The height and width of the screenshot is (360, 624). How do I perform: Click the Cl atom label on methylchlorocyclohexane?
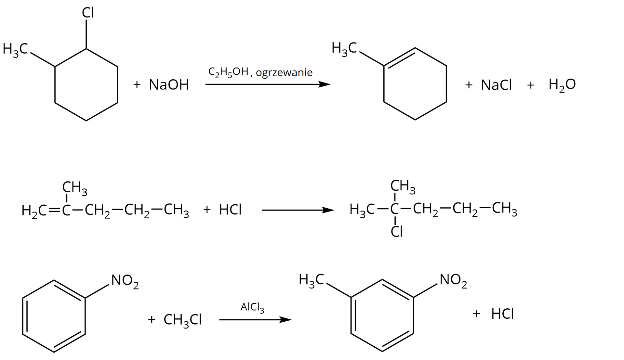coord(88,13)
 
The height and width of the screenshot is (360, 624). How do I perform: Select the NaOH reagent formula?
coord(169,85)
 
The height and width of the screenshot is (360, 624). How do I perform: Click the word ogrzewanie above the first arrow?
coord(284,72)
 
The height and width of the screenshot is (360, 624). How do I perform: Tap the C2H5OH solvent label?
coord(228,72)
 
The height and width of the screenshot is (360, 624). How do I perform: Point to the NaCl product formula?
coord(496,85)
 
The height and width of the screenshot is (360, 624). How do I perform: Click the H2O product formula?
coord(562,85)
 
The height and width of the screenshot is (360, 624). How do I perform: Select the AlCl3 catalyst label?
coord(252,307)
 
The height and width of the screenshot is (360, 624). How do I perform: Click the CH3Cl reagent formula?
coord(182,320)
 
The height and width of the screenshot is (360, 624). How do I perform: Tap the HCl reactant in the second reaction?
coord(230,210)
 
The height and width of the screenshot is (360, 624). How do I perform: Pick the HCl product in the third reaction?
coord(502,314)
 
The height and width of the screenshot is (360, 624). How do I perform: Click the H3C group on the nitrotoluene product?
coord(311,280)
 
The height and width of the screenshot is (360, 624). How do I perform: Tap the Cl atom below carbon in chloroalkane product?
coord(397,232)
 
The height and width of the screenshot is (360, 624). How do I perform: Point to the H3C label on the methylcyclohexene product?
coord(344,49)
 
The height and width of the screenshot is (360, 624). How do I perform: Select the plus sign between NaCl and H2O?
coord(531,85)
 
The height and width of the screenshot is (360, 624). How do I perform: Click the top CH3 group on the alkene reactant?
coord(75,188)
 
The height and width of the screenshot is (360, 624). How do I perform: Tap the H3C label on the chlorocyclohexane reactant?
coord(15,49)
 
